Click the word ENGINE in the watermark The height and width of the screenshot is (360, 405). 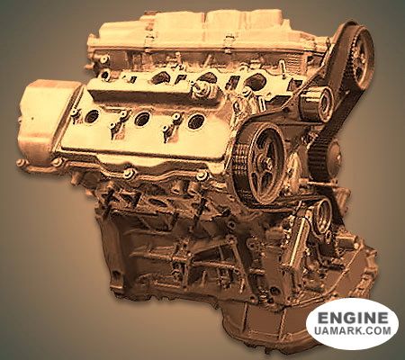coord(353,318)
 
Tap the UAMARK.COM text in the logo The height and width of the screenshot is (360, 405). coord(353,330)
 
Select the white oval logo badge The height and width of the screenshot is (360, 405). coord(352,324)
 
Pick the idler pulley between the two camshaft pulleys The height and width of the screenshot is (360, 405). coord(318,103)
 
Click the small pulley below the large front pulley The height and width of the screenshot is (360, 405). coord(322,214)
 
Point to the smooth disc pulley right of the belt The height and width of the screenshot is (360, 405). coord(334,156)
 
